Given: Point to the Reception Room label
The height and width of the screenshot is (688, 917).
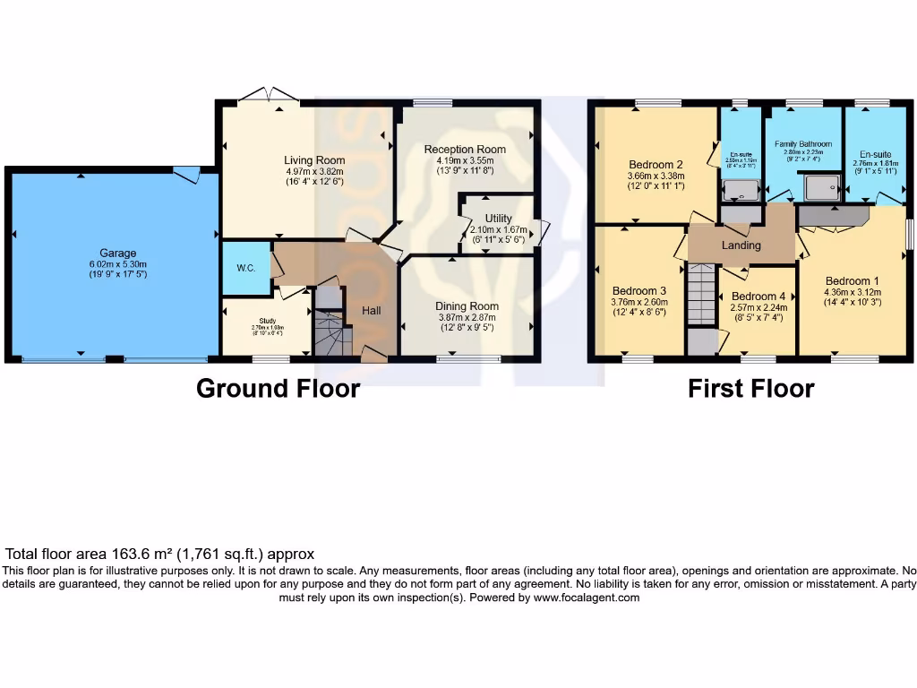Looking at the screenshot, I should [x=465, y=149].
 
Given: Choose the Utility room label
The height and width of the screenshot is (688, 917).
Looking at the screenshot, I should [x=498, y=219].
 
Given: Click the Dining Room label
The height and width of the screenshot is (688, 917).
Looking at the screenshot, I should [x=468, y=306].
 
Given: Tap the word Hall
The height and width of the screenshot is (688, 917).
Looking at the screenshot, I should [x=373, y=311].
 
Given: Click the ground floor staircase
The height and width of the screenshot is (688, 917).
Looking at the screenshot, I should [x=331, y=335].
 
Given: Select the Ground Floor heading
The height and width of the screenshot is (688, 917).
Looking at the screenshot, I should [x=278, y=389].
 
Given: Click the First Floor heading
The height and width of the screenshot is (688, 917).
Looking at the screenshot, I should [x=750, y=389].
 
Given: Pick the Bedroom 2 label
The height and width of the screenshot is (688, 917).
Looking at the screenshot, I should [x=656, y=165].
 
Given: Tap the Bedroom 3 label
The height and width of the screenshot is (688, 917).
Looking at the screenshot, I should [x=639, y=291].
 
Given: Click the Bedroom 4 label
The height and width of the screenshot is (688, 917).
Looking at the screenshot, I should [x=758, y=297].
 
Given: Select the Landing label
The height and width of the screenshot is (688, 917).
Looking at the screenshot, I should [x=741, y=245].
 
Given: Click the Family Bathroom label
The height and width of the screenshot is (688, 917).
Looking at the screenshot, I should [x=803, y=143].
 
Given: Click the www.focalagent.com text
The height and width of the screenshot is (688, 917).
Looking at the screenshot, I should [x=587, y=598].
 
